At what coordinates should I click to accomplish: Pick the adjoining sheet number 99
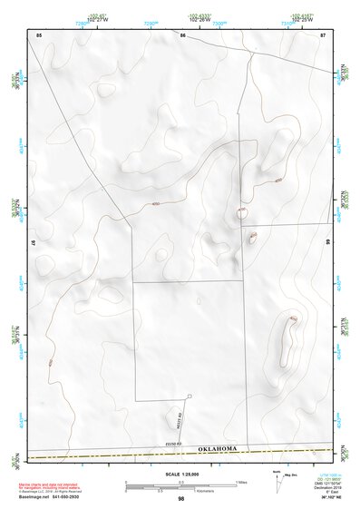coord(327,242)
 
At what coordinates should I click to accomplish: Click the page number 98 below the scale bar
coord(180,499)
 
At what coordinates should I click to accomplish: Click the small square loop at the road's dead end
coord(190,396)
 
